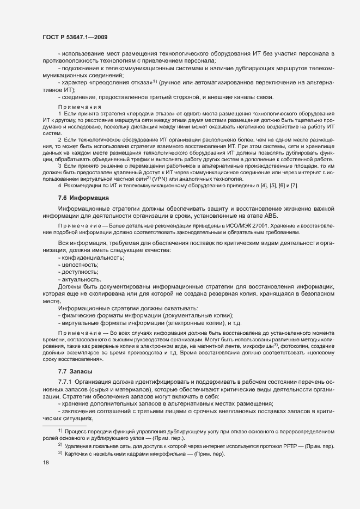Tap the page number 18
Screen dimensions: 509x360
45,463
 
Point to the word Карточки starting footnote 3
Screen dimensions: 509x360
79,454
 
